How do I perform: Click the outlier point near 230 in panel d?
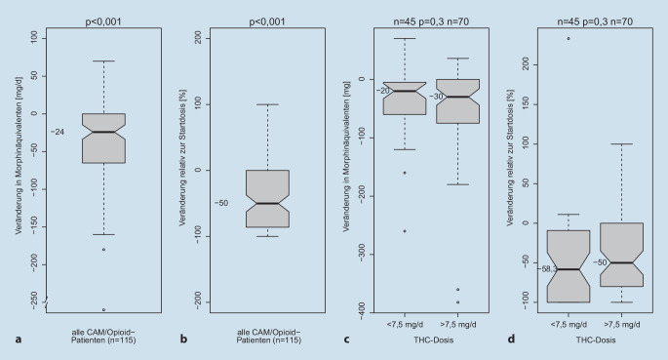(x=567, y=38)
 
